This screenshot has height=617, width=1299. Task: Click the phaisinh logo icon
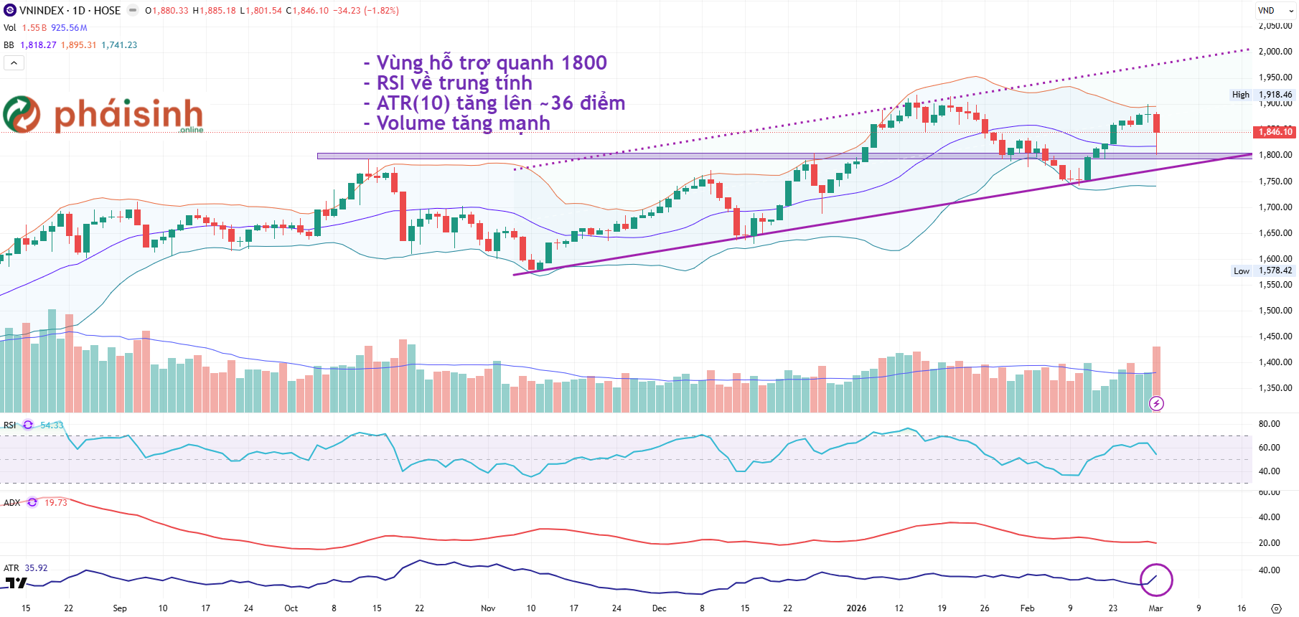[22, 114]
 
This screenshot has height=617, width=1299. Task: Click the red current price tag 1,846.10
[1275, 132]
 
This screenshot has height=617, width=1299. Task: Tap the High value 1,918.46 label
[1275, 95]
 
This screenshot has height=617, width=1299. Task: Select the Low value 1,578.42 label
[1275, 270]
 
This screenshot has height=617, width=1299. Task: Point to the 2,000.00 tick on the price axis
[1275, 52]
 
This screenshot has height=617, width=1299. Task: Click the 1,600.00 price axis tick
[1275, 259]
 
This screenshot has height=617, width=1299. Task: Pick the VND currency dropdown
[1275, 11]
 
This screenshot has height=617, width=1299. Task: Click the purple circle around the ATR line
[1156, 580]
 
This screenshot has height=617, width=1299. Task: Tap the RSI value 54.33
[52, 425]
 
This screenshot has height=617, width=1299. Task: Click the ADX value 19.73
[56, 503]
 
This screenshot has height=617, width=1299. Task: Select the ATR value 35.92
[36, 568]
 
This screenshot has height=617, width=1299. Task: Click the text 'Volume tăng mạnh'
[464, 123]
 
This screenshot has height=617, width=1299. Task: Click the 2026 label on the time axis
[856, 608]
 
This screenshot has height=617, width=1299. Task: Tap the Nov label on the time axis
[488, 608]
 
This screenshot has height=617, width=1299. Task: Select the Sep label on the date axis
[120, 608]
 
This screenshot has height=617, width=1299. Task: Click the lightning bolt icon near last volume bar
[1156, 404]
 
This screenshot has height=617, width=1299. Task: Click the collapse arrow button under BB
[14, 63]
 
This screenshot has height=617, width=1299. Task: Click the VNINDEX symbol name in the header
[41, 11]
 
